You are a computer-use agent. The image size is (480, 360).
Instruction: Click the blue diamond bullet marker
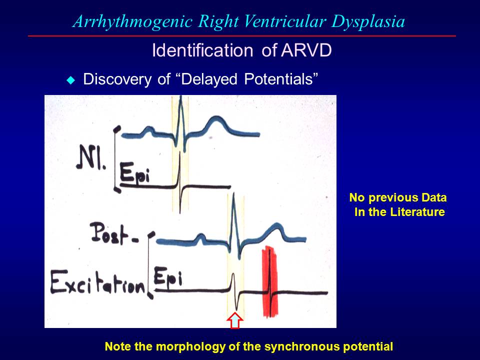(70, 79)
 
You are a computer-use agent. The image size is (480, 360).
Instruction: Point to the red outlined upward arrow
(235, 320)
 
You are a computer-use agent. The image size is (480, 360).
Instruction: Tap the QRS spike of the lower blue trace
(234, 220)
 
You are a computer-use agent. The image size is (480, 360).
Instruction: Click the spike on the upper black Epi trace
(179, 177)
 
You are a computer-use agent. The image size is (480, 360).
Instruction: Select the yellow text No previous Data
(397, 197)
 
